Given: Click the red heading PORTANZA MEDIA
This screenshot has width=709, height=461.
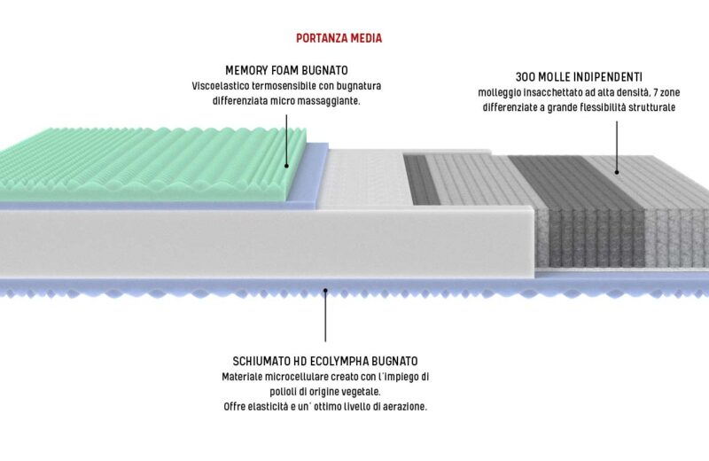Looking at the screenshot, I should (339, 39).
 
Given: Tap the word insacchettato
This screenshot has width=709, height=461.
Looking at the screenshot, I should (549, 92).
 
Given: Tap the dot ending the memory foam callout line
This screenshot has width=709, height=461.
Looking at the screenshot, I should (287, 165).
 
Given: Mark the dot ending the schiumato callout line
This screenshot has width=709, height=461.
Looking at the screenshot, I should (325, 290).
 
